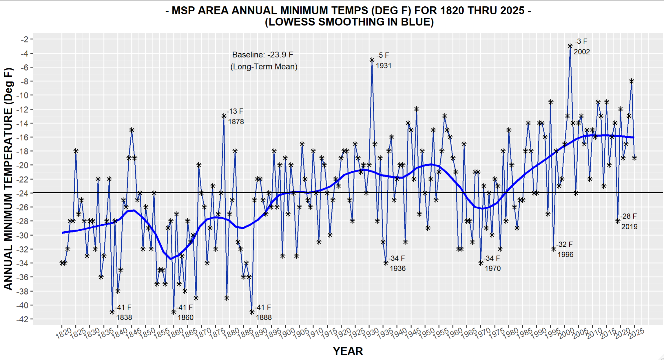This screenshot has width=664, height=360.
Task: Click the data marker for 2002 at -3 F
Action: [x=570, y=46]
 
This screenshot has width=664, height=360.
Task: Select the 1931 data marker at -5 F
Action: [x=372, y=60]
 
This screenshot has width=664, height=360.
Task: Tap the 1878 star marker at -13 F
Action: [x=224, y=116]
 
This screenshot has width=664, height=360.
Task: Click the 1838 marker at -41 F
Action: [x=112, y=312]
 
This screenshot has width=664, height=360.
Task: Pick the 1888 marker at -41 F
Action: [x=252, y=312]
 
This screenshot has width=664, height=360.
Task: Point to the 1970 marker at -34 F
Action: [x=481, y=263]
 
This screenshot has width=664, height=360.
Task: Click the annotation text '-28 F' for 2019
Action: [x=628, y=216]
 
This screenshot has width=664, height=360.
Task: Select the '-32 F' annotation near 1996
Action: [x=564, y=244]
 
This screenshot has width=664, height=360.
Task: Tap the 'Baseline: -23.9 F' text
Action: [x=262, y=55]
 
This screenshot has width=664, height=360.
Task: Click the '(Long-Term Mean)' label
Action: [x=264, y=67]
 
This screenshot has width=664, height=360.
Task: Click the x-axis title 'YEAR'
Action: [x=348, y=351]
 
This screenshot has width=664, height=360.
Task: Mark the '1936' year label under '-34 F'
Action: [x=397, y=269]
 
